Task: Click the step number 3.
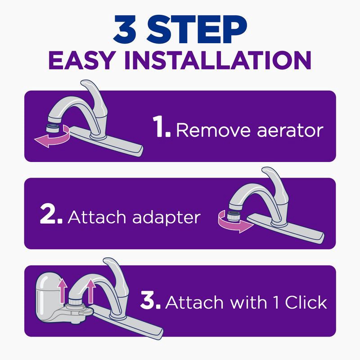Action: [150, 302]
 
